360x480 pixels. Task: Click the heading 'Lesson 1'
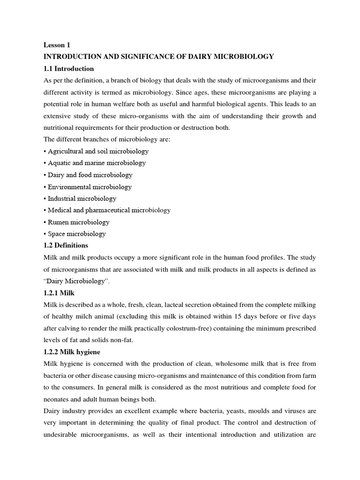coord(57,45)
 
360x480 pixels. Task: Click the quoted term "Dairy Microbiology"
coord(75,281)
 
